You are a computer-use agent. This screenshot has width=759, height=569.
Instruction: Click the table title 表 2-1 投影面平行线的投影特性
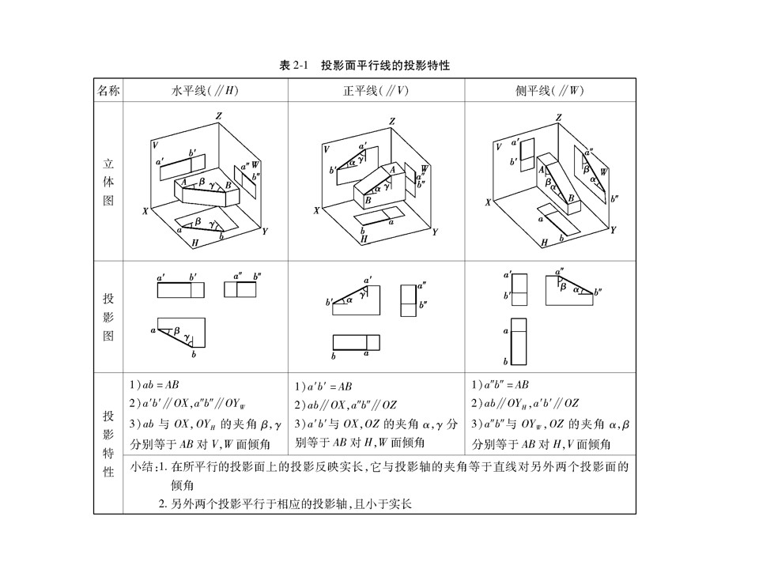[364, 66]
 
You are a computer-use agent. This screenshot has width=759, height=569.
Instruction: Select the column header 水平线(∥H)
[205, 91]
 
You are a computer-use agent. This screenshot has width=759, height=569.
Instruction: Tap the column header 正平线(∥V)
[376, 91]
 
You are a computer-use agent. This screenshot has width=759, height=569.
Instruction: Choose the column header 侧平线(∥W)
[549, 91]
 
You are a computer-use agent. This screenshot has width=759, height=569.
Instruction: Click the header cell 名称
[108, 91]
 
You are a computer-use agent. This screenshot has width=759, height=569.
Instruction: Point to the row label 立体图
[108, 182]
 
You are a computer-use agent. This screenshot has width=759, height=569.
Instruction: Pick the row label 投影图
[108, 316]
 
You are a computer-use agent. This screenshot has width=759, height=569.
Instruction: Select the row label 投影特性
[108, 443]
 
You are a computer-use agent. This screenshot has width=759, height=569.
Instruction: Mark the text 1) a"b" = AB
[500, 385]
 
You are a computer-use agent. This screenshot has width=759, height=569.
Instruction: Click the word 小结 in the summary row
[141, 467]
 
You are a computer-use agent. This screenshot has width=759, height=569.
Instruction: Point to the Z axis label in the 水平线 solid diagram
[218, 117]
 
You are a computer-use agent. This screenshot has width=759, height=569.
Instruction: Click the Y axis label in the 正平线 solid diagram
[434, 232]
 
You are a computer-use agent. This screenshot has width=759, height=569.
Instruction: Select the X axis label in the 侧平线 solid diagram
[489, 203]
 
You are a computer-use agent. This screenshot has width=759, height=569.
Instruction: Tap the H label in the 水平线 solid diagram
[194, 244]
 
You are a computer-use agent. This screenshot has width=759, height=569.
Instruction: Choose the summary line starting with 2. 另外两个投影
[285, 503]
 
